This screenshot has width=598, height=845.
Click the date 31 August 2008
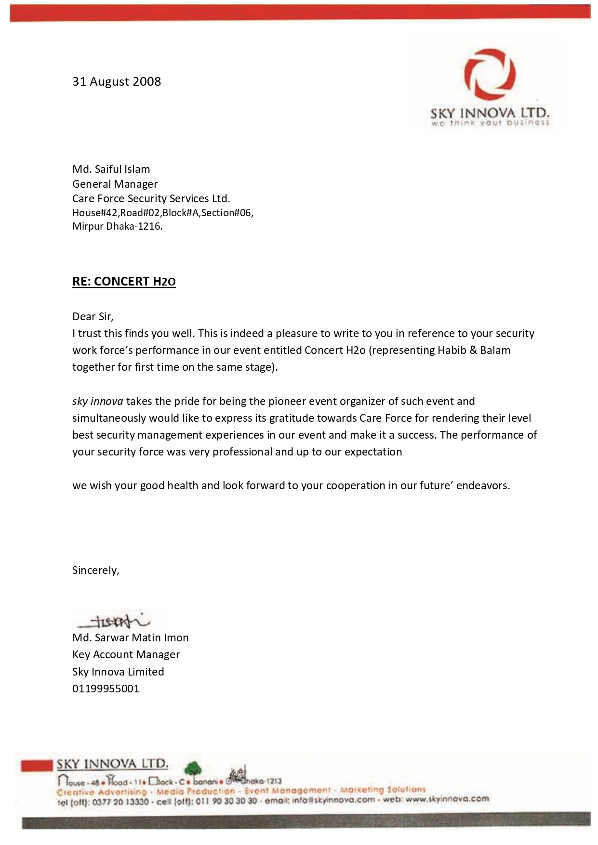pyautogui.click(x=117, y=81)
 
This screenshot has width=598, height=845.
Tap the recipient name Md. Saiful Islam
pyautogui.click(x=111, y=169)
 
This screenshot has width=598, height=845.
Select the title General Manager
pyautogui.click(x=115, y=184)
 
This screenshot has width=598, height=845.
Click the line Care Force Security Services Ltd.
pyautogui.click(x=151, y=198)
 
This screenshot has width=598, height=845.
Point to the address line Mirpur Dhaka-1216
pyautogui.click(x=117, y=226)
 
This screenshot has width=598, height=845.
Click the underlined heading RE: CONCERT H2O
pyautogui.click(x=124, y=281)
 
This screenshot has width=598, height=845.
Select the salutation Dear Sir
pyautogui.click(x=93, y=316)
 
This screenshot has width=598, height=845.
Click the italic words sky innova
pyautogui.click(x=97, y=401)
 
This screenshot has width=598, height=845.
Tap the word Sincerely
pyautogui.click(x=95, y=570)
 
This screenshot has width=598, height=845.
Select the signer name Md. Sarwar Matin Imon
pyautogui.click(x=131, y=637)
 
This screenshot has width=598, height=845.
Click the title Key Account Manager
pyautogui.click(x=126, y=654)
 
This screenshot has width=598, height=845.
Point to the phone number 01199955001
pyautogui.click(x=106, y=689)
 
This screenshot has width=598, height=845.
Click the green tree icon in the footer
pyautogui.click(x=193, y=768)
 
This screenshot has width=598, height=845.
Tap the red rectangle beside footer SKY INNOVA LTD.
pyautogui.click(x=37, y=766)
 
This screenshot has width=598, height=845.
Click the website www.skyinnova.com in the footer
pyautogui.click(x=447, y=799)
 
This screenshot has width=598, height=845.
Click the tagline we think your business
pyautogui.click(x=490, y=123)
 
